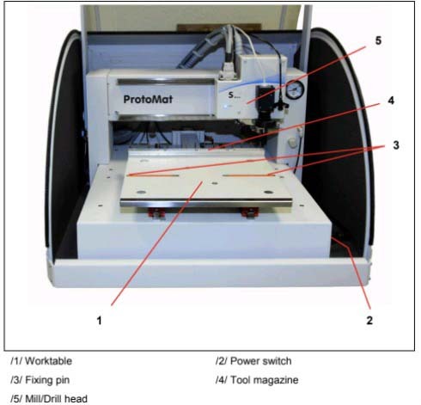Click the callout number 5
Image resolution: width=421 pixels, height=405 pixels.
point(378,40)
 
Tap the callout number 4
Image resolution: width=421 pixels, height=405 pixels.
point(391,101)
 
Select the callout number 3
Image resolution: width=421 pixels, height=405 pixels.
point(396,145)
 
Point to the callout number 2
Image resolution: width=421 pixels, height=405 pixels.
point(369,320)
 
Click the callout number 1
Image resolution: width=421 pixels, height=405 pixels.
point(99,320)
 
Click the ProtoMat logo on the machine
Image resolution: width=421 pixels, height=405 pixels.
point(148,100)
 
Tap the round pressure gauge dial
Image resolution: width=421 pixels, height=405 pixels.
point(295,89)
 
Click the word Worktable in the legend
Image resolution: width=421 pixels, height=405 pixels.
point(48,361)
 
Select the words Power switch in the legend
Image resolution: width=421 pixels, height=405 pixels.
point(261,361)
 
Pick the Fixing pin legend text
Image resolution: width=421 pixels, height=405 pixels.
point(47,380)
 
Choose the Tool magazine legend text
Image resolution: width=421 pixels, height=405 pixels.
point(265,380)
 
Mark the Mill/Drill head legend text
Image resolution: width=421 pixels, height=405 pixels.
point(56,399)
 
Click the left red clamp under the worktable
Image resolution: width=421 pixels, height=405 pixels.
point(156,212)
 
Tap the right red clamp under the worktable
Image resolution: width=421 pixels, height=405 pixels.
point(249,212)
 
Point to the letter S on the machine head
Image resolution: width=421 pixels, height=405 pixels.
point(231,95)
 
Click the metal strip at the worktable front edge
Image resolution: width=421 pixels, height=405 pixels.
point(206,203)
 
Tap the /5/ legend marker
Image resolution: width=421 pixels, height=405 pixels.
point(16,399)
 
